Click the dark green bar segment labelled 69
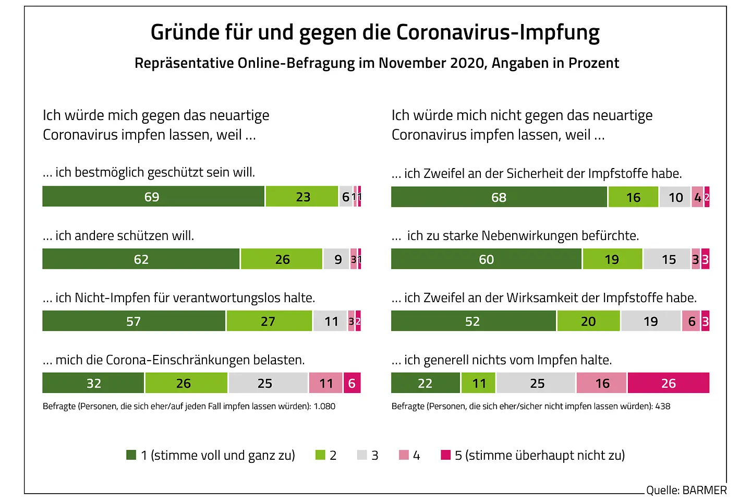click(153, 197)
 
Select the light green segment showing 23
click(302, 197)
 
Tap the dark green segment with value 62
click(141, 259)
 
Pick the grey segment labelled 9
click(336, 259)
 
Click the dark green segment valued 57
click(134, 321)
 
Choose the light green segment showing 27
click(269, 321)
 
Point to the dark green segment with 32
click(93, 383)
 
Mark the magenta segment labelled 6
click(352, 383)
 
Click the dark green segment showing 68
click(499, 197)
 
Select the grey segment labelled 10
click(675, 197)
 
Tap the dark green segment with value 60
click(486, 259)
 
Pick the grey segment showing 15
click(668, 259)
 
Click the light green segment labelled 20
click(588, 321)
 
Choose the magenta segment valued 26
click(669, 383)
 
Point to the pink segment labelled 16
click(602, 383)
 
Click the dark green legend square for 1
click(131, 455)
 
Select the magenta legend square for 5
click(445, 455)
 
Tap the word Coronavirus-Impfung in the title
click(498, 32)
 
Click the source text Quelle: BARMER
click(686, 490)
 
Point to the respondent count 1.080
click(324, 406)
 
